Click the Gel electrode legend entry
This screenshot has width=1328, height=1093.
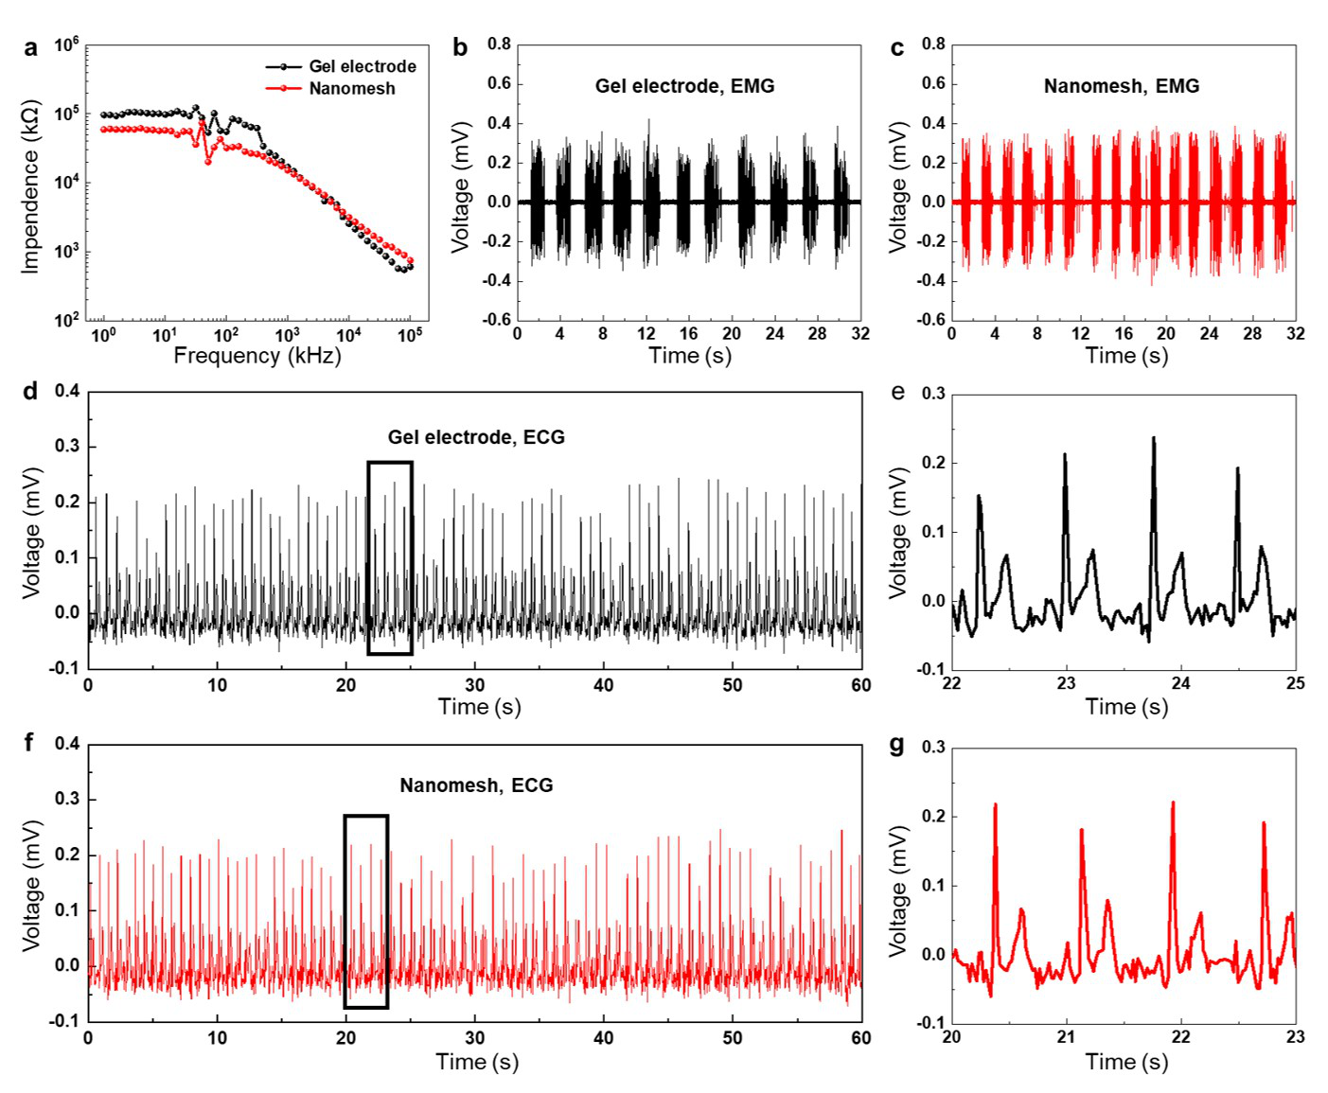[x=362, y=66]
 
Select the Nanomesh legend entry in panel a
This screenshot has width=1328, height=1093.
[x=351, y=88]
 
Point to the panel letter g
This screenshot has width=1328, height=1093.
[x=897, y=745]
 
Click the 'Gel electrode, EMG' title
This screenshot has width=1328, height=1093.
[x=684, y=86]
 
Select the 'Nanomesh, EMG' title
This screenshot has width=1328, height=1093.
[x=1121, y=86]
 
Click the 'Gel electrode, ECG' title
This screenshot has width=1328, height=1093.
[x=475, y=437]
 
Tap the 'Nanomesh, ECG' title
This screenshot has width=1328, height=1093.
[x=476, y=785]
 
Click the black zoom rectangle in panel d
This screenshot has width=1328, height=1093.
[x=390, y=463]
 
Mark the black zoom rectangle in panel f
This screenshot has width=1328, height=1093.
[x=366, y=817]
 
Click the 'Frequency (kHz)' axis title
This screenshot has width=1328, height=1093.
[x=257, y=356]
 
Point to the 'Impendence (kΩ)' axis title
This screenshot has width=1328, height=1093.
[x=31, y=186]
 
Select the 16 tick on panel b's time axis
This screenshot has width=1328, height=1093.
[x=688, y=334]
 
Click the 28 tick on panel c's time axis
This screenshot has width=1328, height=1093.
[x=1252, y=334]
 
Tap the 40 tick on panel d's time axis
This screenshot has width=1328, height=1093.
[x=603, y=685]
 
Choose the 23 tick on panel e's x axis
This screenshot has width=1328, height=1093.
[x=1067, y=684]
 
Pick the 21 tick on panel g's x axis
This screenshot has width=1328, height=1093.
[x=1067, y=1037]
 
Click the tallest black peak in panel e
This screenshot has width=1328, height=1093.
[x=1153, y=438]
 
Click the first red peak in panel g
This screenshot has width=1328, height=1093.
[x=995, y=805]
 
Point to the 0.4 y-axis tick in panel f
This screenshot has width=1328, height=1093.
[x=67, y=744]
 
